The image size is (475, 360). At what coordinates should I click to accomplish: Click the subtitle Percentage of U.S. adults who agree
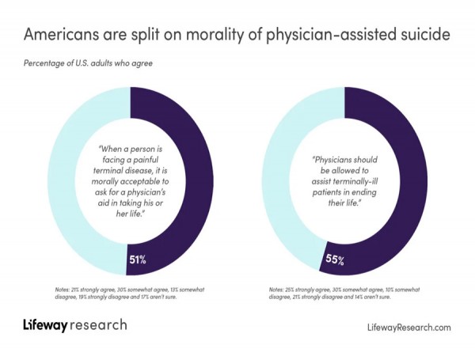tap(87, 63)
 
